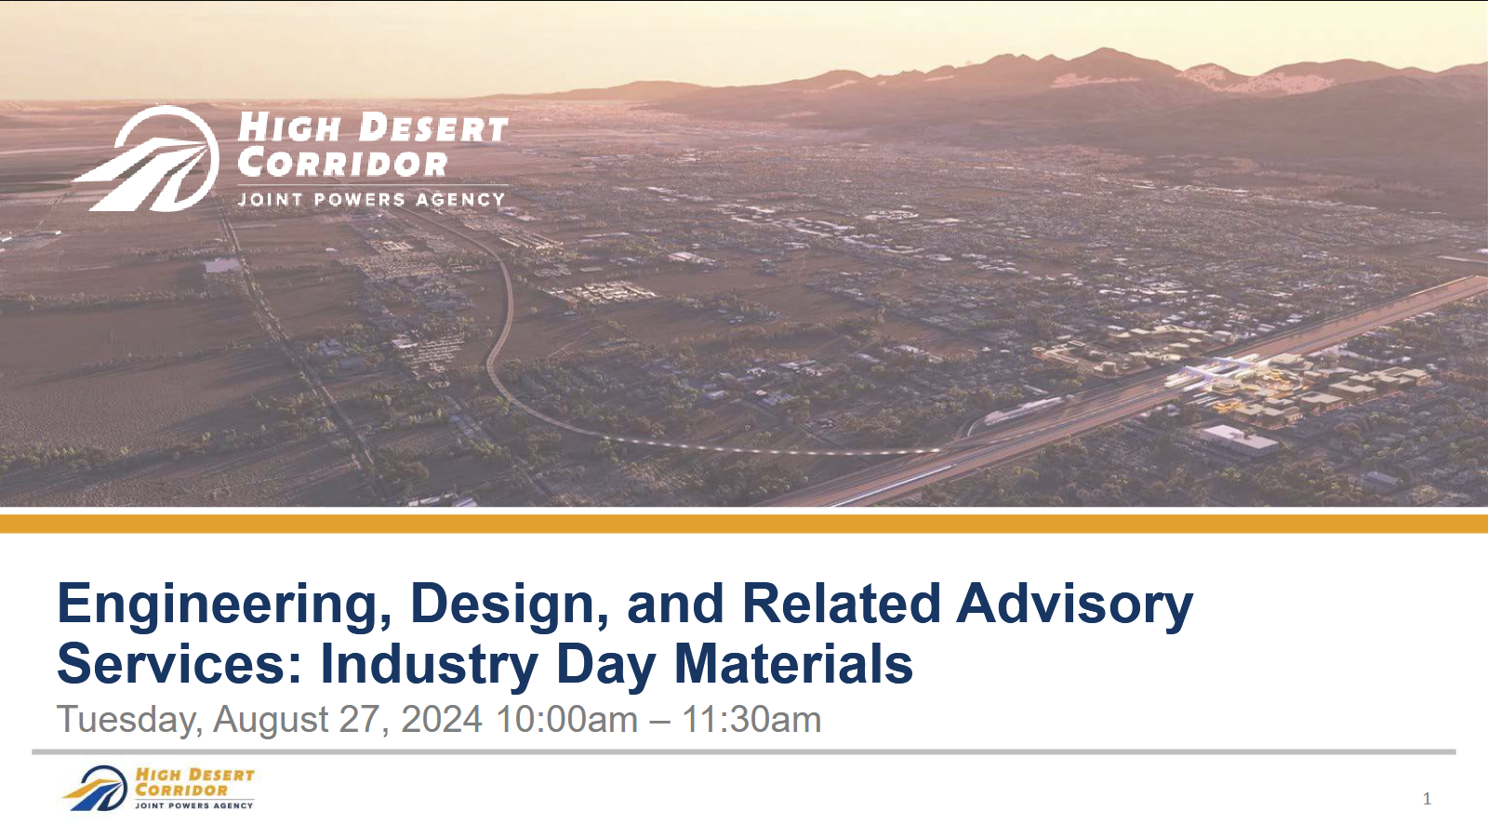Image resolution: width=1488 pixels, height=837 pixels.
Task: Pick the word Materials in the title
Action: (x=794, y=663)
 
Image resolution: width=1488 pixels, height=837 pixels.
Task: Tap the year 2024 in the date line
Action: (x=442, y=719)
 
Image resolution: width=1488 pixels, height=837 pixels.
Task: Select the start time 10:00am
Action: (x=566, y=719)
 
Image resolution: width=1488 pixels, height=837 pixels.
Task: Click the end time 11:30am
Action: (x=751, y=719)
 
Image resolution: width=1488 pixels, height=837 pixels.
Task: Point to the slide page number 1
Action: (x=1427, y=799)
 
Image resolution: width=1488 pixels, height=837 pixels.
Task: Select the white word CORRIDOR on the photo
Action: (x=342, y=164)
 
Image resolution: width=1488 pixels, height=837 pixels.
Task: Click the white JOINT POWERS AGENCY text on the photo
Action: (x=371, y=199)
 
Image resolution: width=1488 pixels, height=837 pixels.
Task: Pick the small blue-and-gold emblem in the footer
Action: (x=97, y=789)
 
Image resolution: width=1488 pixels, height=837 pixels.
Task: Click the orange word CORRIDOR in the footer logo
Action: (x=181, y=790)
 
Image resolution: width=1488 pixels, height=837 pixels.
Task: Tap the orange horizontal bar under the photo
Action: (x=744, y=524)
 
